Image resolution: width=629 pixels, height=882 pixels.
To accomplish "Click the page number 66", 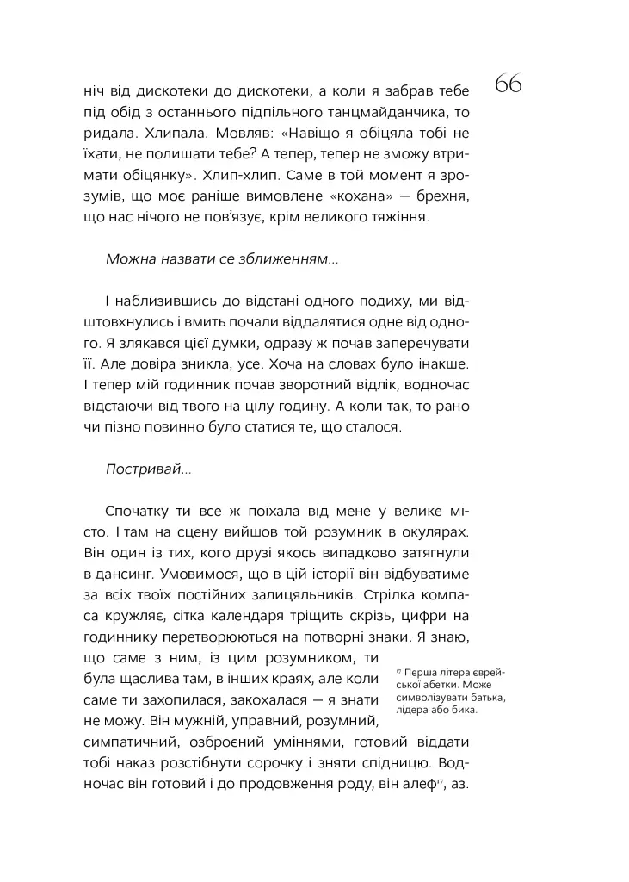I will pos(509,84).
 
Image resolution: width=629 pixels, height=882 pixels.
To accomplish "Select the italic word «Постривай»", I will pos(144,469).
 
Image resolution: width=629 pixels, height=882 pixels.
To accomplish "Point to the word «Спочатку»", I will pos(138,512).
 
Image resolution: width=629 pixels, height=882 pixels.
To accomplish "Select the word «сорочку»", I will pos(310,764).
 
